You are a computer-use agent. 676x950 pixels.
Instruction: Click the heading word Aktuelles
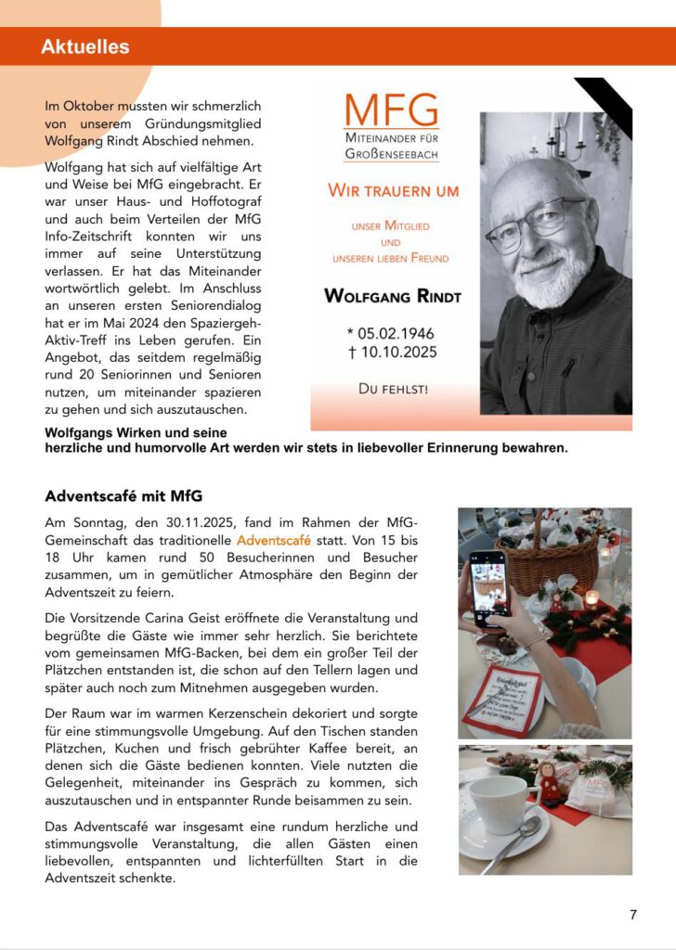[84, 46]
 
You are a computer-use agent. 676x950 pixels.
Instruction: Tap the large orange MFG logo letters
[391, 111]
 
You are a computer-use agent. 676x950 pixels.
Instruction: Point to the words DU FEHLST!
[394, 389]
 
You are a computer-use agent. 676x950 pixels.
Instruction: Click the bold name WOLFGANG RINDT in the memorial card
[393, 297]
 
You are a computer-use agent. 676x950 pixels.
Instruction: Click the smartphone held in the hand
[488, 588]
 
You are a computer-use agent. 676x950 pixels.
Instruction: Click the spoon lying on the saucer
[515, 844]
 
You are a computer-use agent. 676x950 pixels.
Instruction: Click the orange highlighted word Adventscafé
[274, 539]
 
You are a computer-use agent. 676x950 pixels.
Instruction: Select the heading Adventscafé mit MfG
[123, 495]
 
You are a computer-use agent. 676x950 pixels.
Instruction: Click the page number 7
[633, 915]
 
